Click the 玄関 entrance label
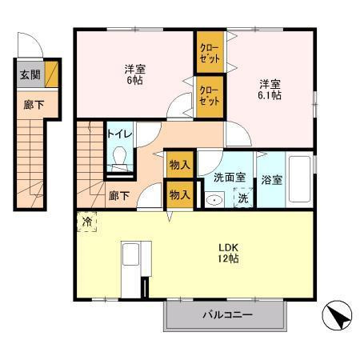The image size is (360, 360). [30, 75]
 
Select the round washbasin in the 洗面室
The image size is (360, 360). [214, 199]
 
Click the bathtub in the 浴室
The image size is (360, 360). [299, 179]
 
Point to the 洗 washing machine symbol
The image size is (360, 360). [243, 198]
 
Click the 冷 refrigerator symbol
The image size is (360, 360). [86, 222]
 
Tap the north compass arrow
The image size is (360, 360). [338, 315]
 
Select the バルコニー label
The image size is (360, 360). [227, 315]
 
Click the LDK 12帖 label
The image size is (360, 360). [228, 253]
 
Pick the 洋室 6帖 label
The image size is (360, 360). [135, 74]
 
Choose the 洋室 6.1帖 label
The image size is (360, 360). [270, 90]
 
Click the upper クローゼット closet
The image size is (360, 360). [210, 52]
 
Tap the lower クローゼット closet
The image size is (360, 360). [210, 97]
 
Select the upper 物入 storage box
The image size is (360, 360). [180, 165]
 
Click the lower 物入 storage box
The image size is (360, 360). [180, 195]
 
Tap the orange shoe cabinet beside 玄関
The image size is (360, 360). [51, 74]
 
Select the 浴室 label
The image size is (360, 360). [271, 180]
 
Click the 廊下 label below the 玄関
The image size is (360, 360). [34, 105]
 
